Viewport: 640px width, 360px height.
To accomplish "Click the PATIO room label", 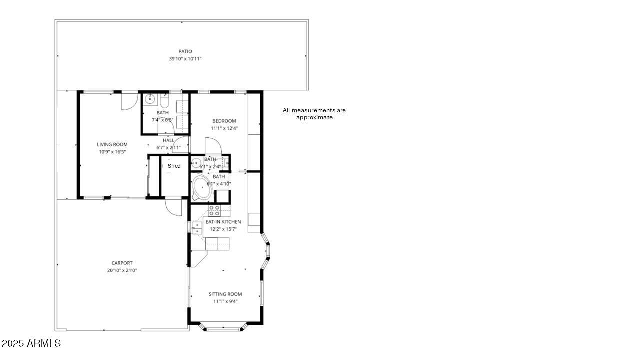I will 185,51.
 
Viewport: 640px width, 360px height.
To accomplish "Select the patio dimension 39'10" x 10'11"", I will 185,59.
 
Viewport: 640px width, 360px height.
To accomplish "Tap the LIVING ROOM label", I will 112,144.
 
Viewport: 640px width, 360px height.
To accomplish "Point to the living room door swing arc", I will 129,101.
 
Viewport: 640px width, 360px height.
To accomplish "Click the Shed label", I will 174,166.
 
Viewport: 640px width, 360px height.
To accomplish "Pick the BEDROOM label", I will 224,121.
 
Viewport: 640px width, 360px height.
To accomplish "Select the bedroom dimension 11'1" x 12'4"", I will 224,128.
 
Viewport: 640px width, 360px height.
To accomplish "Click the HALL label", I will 168,140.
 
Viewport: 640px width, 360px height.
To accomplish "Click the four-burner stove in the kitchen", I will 214,210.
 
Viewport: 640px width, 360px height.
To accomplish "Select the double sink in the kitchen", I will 197,228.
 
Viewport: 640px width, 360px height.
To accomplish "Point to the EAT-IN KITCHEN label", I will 223,222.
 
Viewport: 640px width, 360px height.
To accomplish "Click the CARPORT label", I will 122,263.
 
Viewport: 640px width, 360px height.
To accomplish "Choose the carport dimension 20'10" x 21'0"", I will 122,270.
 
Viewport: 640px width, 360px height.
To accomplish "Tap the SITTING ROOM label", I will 225,294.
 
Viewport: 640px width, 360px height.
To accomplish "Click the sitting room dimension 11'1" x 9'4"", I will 225,301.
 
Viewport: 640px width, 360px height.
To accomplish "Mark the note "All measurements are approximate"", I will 314,114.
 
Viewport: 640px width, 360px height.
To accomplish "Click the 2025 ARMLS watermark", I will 31,343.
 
